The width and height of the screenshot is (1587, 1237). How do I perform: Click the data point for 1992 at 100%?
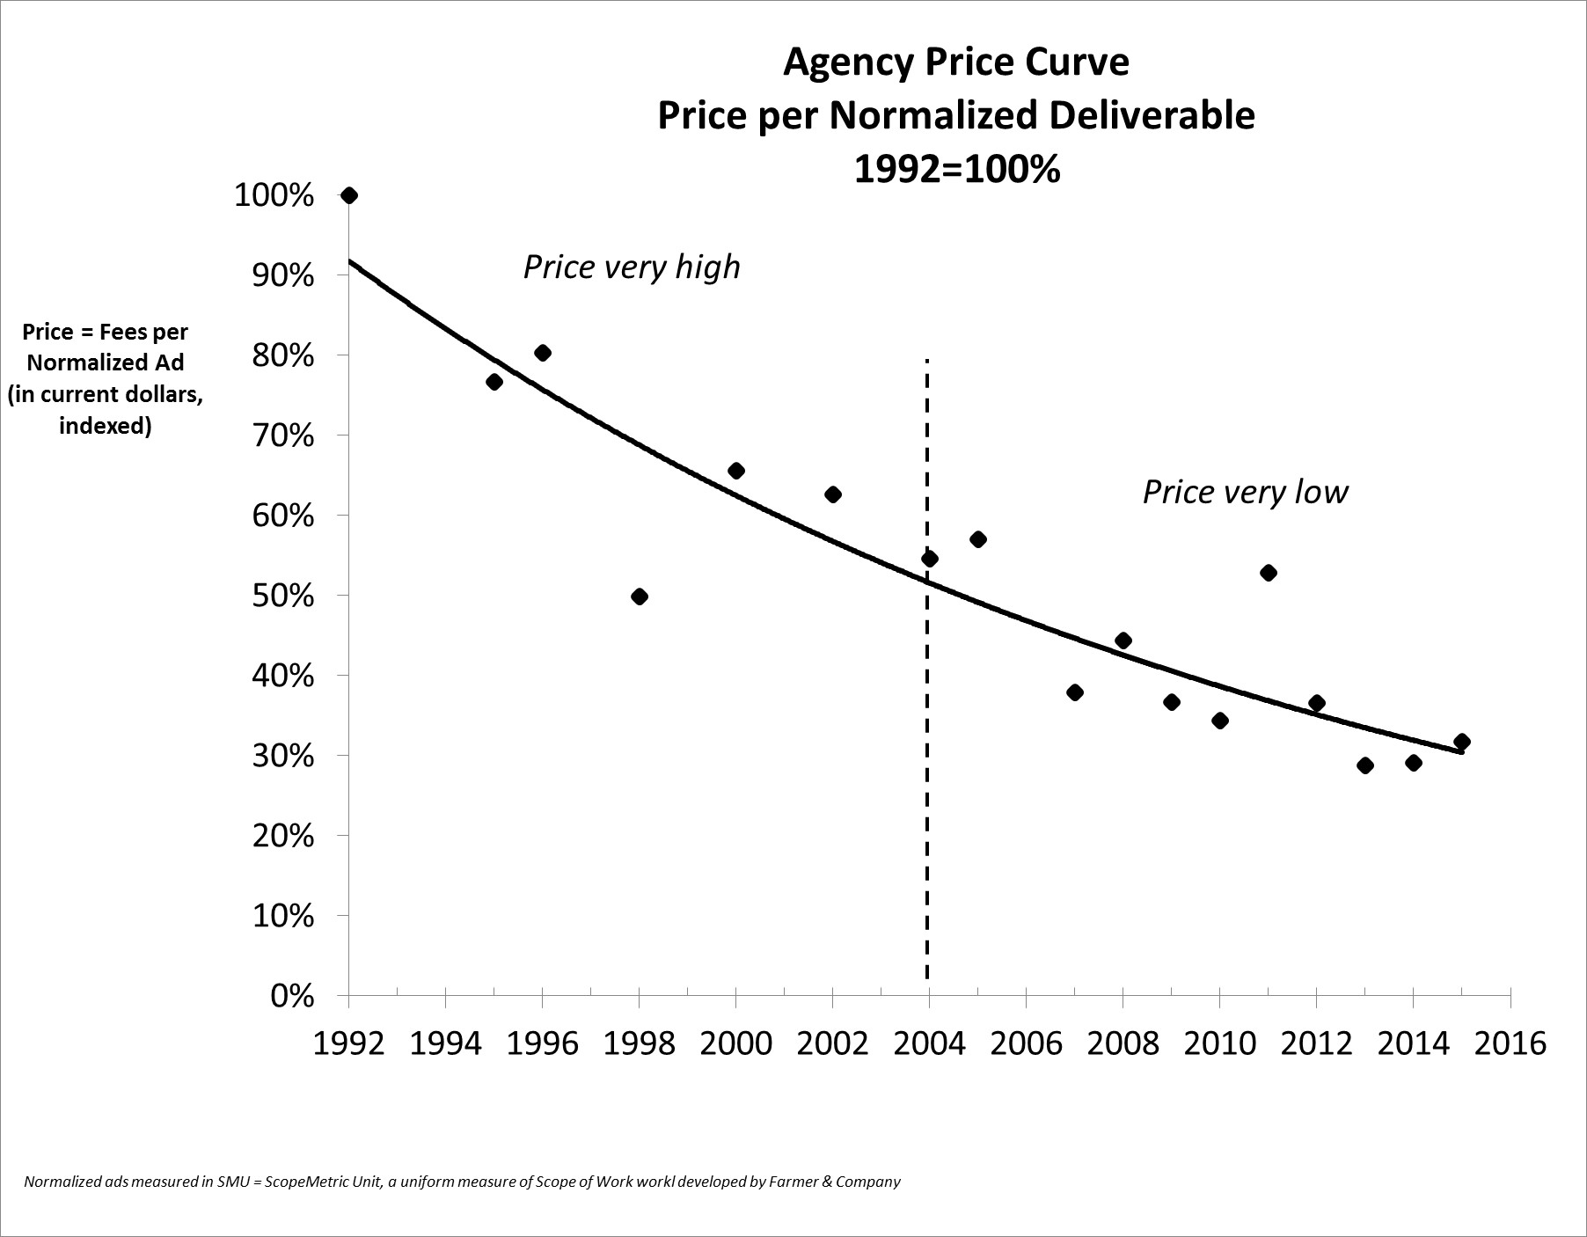click(349, 195)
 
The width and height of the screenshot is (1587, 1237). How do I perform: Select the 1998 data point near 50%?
click(640, 597)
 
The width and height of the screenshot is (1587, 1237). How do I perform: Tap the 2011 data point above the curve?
click(1268, 573)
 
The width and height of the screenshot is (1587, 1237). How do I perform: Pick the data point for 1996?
click(543, 353)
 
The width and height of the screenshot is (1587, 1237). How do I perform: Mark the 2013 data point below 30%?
click(1364, 765)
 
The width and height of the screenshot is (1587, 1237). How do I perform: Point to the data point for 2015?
click(1461, 742)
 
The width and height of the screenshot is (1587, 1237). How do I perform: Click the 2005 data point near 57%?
click(977, 539)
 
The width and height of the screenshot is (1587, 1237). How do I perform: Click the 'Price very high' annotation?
click(632, 267)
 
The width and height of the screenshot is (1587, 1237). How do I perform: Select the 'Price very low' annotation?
click(1245, 492)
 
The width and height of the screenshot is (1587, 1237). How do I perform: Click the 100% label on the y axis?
click(274, 196)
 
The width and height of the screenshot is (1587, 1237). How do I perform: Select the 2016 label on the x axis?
click(1509, 1043)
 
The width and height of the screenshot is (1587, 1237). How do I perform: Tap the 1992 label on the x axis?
click(349, 1043)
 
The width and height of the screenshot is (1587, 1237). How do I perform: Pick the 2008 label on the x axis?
click(1122, 1043)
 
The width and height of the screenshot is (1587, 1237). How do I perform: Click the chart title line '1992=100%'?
click(956, 168)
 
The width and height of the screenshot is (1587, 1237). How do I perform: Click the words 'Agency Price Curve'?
click(956, 62)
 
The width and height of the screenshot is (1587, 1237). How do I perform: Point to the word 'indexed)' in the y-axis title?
click(105, 427)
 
